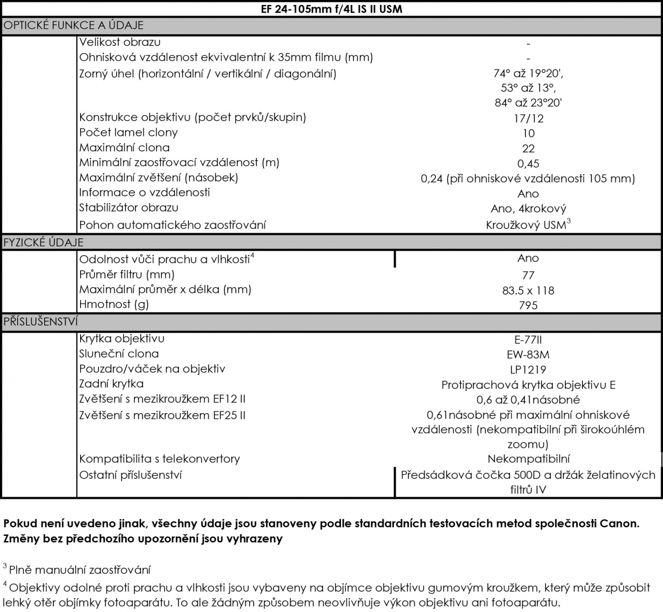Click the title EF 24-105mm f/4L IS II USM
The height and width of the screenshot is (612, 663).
[331, 9]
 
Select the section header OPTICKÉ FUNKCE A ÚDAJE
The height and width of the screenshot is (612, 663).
[73, 25]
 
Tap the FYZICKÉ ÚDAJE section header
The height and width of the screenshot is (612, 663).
[44, 242]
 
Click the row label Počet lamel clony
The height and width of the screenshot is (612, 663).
[128, 133]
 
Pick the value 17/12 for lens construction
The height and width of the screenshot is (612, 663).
[528, 118]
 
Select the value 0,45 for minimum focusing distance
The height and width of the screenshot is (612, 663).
[528, 163]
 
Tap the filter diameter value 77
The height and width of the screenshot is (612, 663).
[528, 275]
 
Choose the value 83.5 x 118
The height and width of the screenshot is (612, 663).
[528, 291]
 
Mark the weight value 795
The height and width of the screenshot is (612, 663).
[528, 305]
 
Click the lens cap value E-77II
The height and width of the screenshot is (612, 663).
[528, 340]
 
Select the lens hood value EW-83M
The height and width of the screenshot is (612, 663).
[528, 355]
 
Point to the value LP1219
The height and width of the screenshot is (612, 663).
[528, 370]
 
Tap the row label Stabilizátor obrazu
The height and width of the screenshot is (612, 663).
[129, 208]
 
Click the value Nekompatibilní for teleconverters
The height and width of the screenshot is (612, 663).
[528, 459]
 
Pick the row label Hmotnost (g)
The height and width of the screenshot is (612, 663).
[114, 304]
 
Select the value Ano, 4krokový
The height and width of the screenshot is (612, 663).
[528, 209]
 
